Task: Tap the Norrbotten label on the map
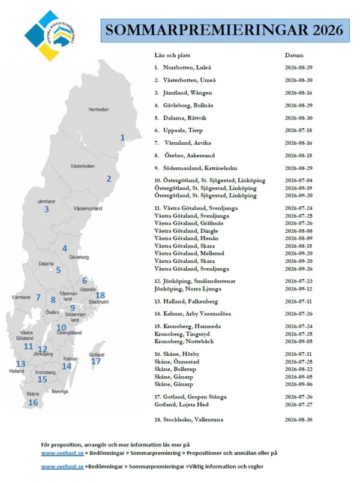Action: point(98,110)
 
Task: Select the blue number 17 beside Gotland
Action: point(96,361)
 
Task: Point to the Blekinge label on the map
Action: point(59,391)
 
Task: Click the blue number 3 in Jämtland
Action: point(46,209)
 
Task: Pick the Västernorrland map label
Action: point(88,208)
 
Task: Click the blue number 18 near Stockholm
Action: point(100,295)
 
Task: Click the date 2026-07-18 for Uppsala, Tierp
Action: point(299,130)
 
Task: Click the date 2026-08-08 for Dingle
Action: point(299,231)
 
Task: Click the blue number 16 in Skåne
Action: point(33,403)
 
